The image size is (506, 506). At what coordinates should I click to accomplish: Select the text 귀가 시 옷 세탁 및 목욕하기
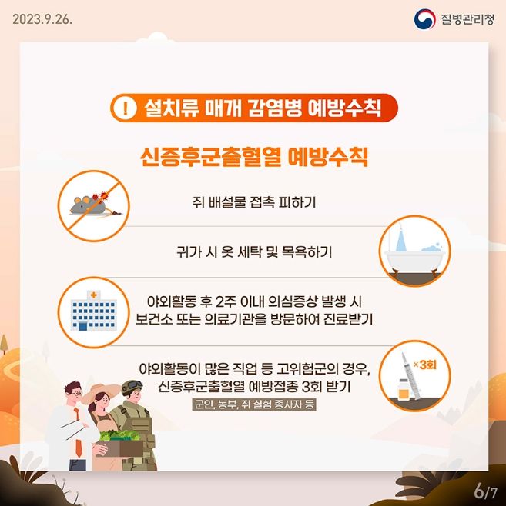[x=254, y=251]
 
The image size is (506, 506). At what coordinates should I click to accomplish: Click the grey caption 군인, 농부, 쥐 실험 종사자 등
[x=254, y=404]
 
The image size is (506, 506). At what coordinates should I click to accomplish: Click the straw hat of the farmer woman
[x=100, y=391]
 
